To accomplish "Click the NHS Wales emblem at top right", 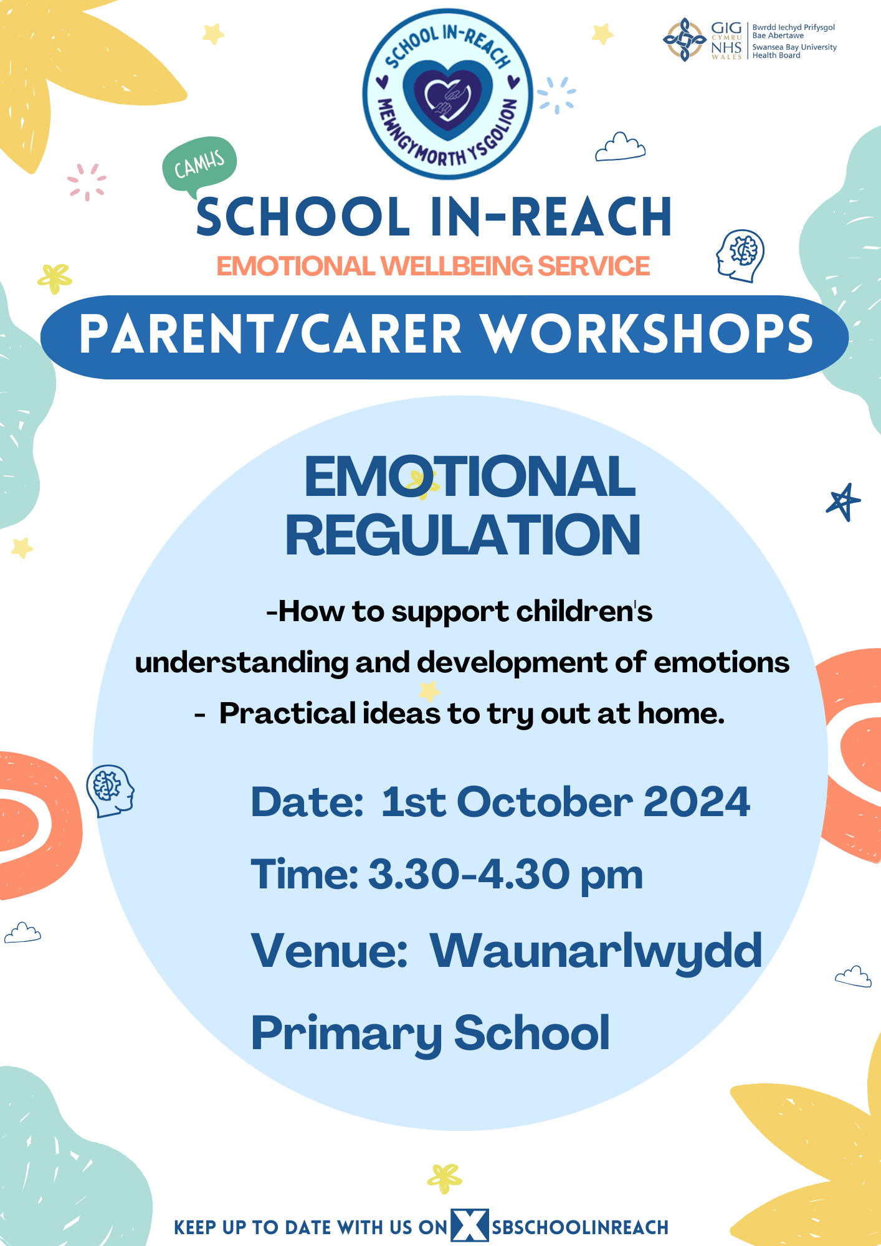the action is (684, 39).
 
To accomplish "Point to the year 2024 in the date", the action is (697, 802).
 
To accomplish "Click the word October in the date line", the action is (545, 802).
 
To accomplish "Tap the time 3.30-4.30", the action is (469, 874).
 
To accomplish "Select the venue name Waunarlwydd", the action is (596, 951).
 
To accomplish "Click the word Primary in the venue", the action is (346, 1034).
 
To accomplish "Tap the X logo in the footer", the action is (470, 1225).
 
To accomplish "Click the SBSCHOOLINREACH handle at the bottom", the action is (580, 1227).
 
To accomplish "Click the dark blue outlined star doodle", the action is (843, 502).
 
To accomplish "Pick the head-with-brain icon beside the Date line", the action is (110, 790).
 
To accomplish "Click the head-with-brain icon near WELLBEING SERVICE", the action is (740, 255).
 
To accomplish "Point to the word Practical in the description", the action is (288, 714).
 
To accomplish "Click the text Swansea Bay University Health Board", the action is (794, 51).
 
